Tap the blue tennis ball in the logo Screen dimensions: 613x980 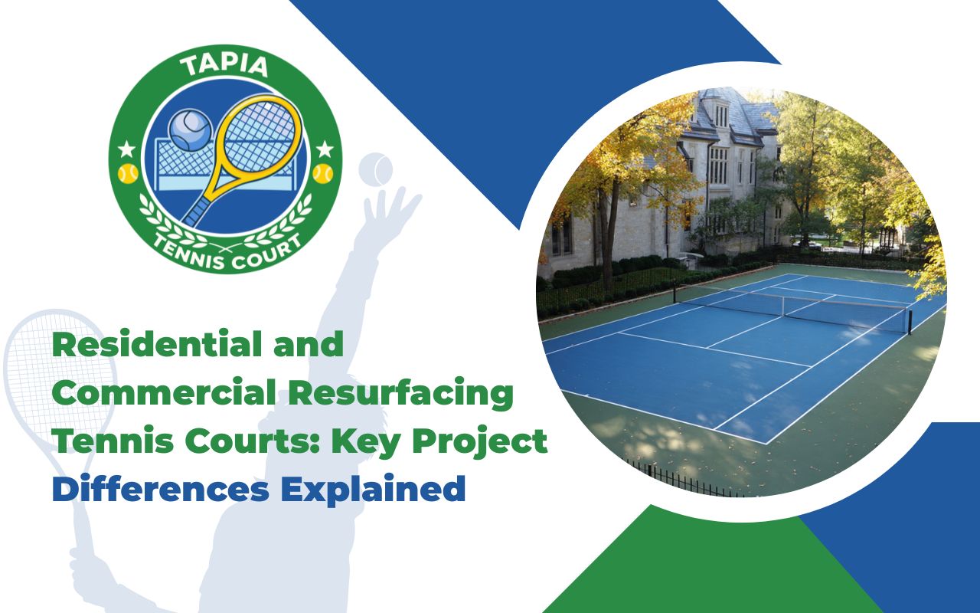pos(189,129)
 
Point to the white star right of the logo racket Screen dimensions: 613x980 pos(325,148)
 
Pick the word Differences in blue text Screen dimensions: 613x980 pos(160,490)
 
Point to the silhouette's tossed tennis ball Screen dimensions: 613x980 pos(375,169)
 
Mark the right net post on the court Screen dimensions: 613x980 pos(910,323)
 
